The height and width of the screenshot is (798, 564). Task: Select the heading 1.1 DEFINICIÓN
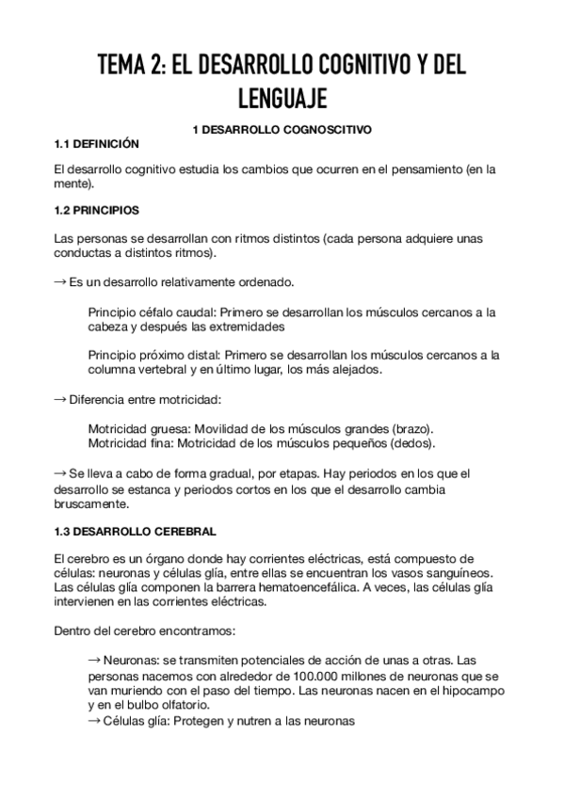(97, 144)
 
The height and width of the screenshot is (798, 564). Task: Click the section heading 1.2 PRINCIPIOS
(98, 209)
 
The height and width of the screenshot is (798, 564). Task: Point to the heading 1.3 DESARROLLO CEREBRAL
(136, 531)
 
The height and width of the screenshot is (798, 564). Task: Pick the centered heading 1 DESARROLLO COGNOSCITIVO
(282, 130)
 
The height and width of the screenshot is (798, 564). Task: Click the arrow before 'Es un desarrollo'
(61, 282)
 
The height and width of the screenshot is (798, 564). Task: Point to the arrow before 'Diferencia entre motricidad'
(61, 400)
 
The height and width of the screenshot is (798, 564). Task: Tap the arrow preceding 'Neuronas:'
(93, 660)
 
